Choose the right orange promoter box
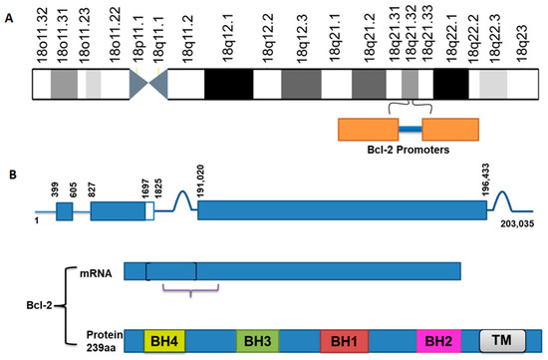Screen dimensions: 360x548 click(x=449, y=129)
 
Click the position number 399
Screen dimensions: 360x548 click(x=55, y=185)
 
